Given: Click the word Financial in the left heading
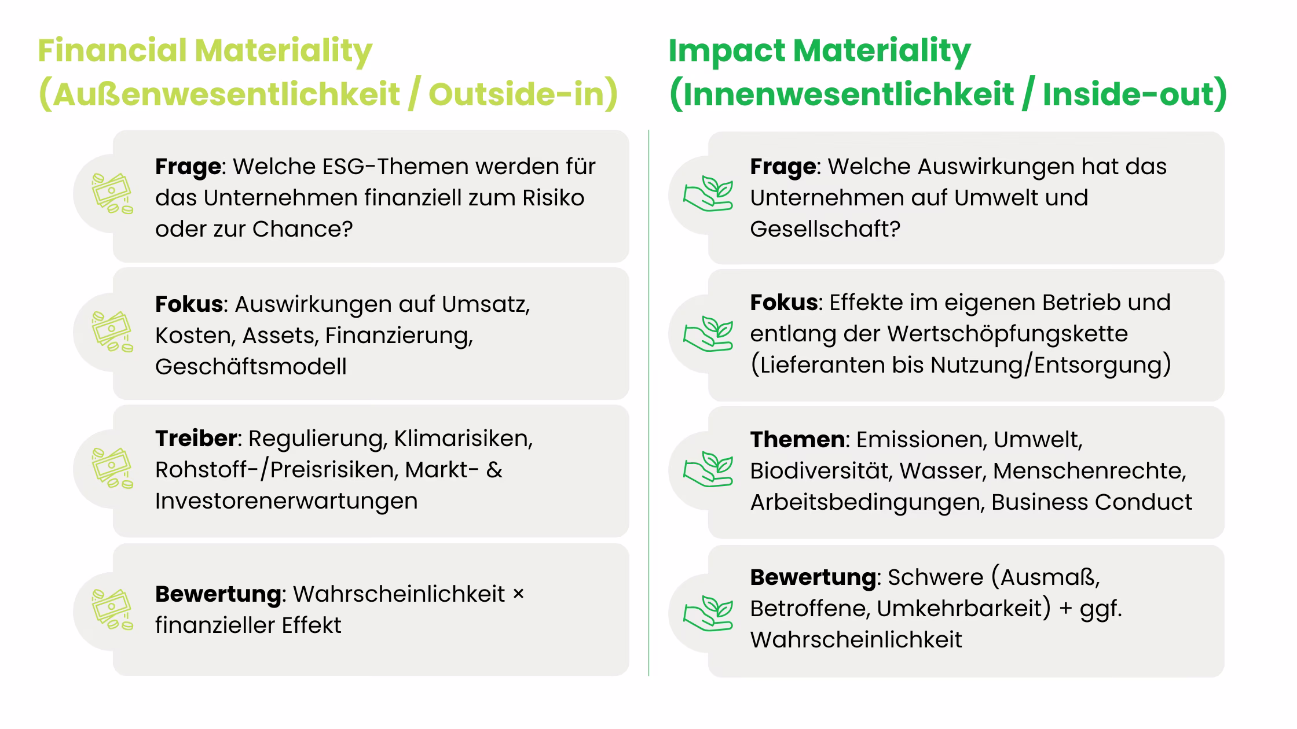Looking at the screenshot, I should [x=112, y=50].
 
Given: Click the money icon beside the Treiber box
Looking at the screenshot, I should [x=112, y=468].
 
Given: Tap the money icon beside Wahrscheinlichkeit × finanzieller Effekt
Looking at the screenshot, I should [x=112, y=610].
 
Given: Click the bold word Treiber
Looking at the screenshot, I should [x=196, y=439].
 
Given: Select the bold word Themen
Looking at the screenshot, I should [x=797, y=440].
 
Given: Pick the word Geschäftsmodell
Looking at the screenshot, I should [x=251, y=367].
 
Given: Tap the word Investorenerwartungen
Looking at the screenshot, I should [x=286, y=501].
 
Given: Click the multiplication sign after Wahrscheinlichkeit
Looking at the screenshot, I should [x=518, y=594].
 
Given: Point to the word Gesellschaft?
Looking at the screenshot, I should [x=825, y=229].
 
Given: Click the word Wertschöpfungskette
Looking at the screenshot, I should [x=1007, y=334].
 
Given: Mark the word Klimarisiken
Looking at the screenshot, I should [x=462, y=439].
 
